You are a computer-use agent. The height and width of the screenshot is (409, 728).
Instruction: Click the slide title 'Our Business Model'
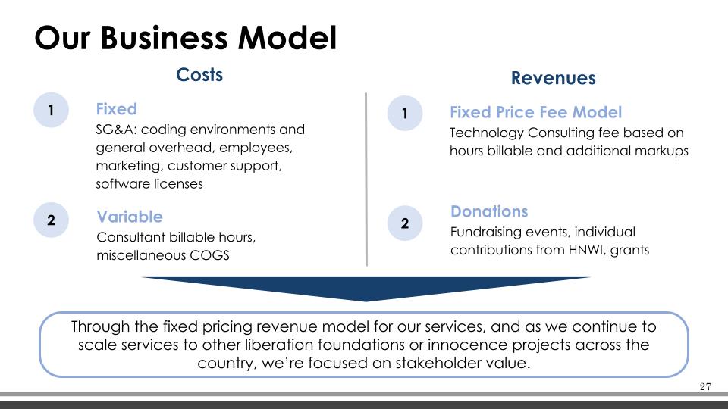click(185, 38)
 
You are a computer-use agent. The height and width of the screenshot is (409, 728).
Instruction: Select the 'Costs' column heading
click(199, 75)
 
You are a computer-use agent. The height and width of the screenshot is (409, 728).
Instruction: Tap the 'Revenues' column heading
click(553, 78)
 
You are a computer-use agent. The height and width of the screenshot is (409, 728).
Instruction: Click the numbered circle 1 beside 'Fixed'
click(51, 110)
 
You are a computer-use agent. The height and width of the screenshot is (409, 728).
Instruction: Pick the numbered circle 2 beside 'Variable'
click(51, 220)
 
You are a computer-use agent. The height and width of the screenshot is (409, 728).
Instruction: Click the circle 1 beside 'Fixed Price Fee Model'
click(405, 113)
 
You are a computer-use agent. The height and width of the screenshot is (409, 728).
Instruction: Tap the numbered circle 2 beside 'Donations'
click(405, 223)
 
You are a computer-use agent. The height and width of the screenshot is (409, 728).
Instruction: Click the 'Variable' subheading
click(130, 217)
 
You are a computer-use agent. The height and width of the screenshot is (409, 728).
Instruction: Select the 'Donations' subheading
click(489, 211)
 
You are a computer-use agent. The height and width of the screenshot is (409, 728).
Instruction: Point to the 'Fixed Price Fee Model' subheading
click(535, 112)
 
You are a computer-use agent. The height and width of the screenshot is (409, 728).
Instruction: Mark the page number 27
click(705, 387)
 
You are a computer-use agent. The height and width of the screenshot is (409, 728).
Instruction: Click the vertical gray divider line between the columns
click(366, 180)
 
